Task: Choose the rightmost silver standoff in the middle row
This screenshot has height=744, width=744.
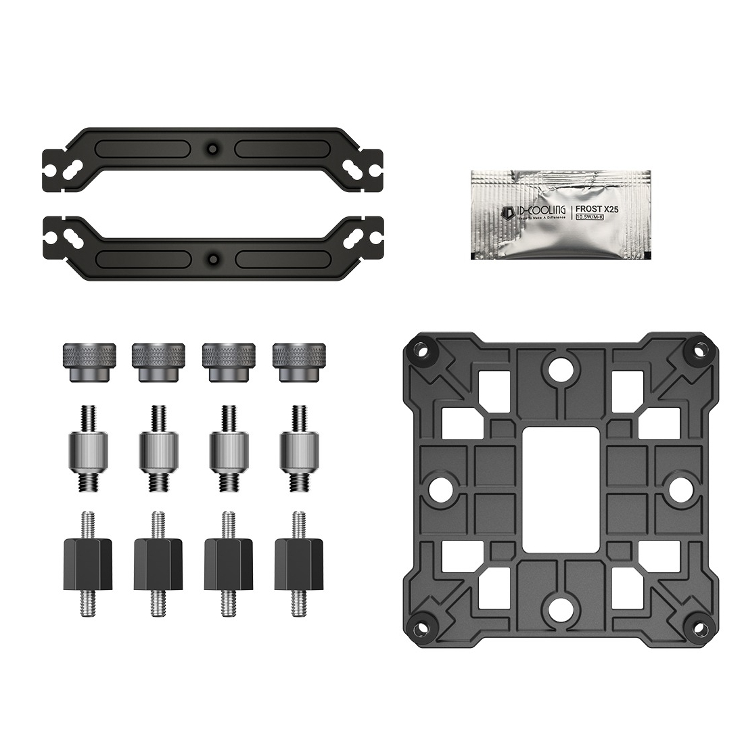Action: pos(298,449)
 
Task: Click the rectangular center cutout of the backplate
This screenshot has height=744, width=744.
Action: pos(556,486)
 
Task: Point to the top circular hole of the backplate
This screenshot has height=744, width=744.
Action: pos(559,368)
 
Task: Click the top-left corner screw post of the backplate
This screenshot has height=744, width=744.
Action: pos(422,350)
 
